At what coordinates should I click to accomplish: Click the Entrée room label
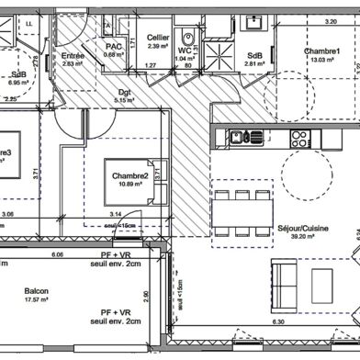(x=73, y=55)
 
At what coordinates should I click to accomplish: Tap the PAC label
(x=115, y=46)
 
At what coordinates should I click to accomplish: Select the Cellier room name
(x=157, y=38)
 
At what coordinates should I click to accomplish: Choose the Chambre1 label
(x=323, y=51)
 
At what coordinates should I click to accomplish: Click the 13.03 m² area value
(x=323, y=60)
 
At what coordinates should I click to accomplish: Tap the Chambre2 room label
(x=130, y=176)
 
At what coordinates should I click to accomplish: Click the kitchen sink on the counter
(x=237, y=138)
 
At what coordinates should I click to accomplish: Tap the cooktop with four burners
(x=299, y=138)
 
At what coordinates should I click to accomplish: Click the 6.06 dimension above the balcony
(x=57, y=254)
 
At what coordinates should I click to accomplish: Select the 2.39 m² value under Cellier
(x=157, y=46)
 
